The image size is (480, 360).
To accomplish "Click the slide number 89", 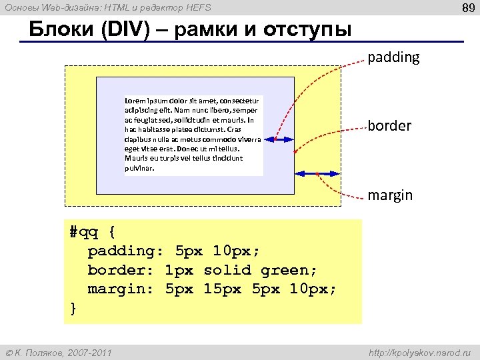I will coord(467,8).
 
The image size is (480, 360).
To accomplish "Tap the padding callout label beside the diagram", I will coord(394,57).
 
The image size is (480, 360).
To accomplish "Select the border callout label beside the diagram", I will coord(390,125).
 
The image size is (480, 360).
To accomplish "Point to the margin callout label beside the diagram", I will coord(391,195).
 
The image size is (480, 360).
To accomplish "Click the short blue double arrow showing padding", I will coord(279,139).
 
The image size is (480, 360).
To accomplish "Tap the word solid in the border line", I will coord(227,270).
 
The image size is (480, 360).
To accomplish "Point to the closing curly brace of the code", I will coord(73,308).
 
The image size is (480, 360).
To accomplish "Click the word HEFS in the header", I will coord(197,7).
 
